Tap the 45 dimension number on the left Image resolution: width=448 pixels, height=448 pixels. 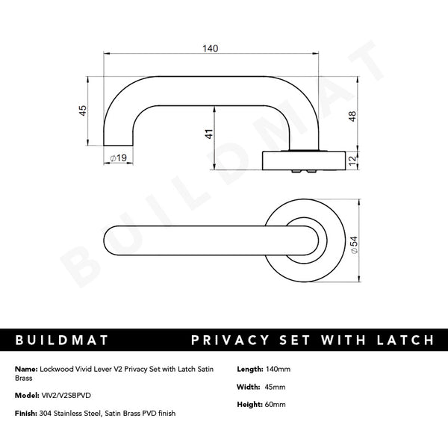point(83,109)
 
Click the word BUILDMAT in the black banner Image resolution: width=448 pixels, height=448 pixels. point(63,340)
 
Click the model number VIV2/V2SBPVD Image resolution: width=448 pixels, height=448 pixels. point(68,396)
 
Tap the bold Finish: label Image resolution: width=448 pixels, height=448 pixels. point(27,413)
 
